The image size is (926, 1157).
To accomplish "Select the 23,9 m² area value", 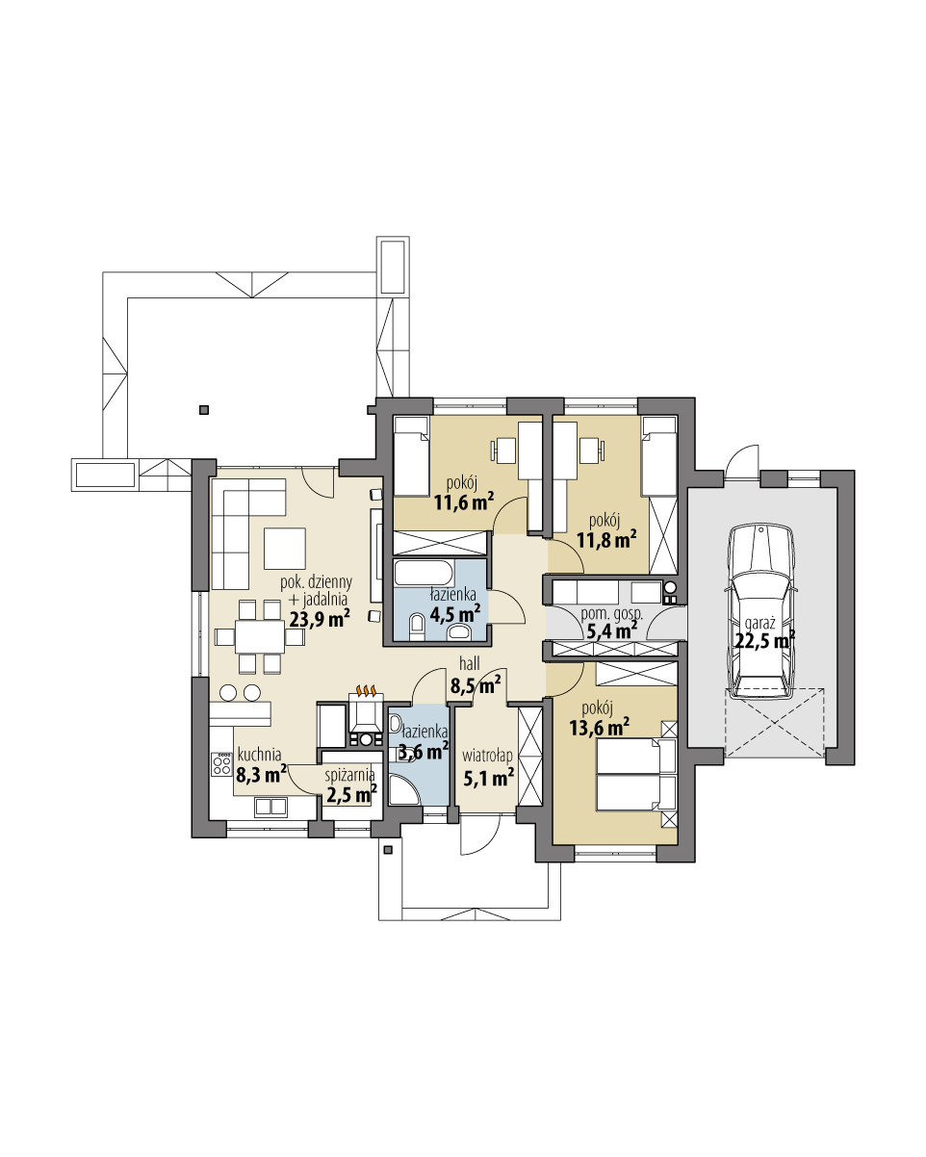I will click(x=319, y=620).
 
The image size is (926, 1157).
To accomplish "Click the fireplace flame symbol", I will click(x=366, y=690).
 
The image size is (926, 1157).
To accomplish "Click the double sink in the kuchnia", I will click(x=270, y=807).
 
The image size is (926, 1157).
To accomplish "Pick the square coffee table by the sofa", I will click(x=285, y=548).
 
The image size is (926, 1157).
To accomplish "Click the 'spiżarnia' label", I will click(x=349, y=776).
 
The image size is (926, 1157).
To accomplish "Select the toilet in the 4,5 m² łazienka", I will click(x=417, y=628).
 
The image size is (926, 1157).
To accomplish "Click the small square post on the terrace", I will click(x=204, y=411).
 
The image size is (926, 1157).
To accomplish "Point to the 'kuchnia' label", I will click(x=258, y=756).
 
